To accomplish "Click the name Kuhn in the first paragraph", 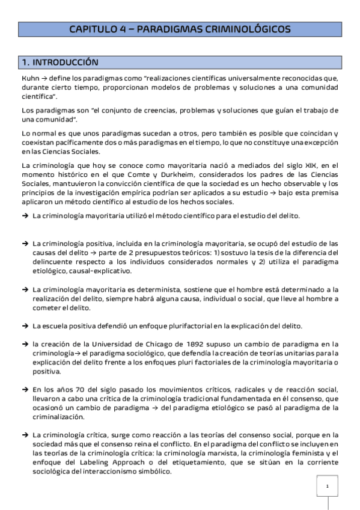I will pos(29,79).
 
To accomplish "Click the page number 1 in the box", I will pos(327,486).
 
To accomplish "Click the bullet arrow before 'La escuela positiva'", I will pos(25,325).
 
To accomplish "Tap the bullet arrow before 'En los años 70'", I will pos(25,389).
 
